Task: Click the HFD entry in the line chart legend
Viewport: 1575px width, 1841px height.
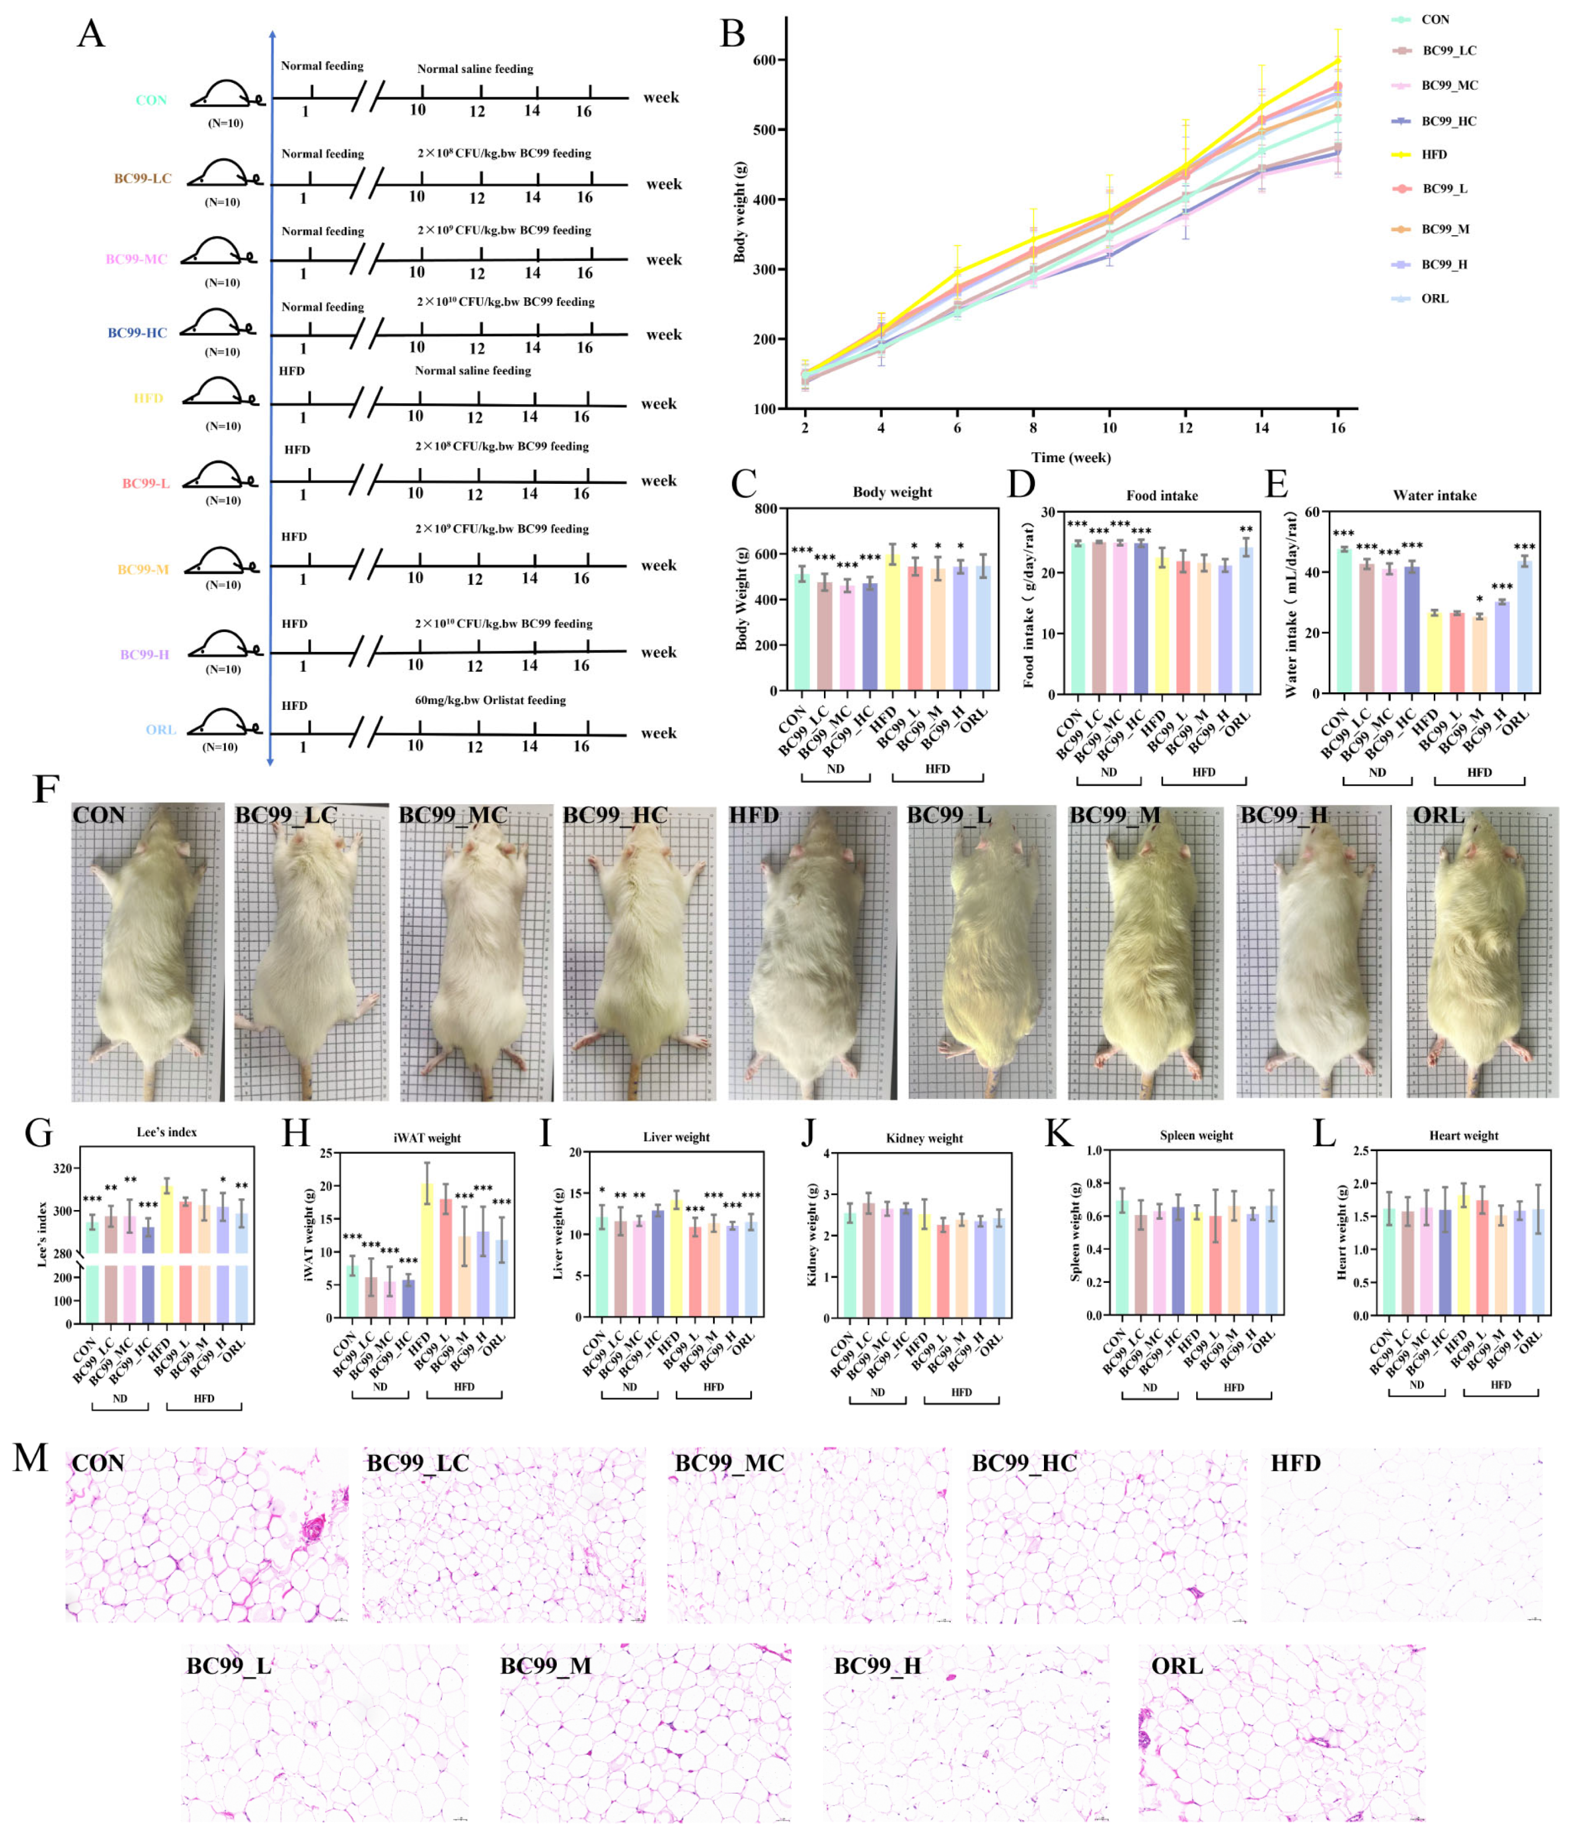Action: (1432, 155)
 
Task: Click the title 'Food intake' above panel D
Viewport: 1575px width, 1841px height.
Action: (1161, 496)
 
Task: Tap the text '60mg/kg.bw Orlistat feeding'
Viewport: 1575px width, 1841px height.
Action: (490, 700)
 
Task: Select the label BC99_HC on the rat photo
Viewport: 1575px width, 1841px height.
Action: (614, 815)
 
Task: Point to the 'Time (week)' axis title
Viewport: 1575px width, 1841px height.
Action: (1070, 458)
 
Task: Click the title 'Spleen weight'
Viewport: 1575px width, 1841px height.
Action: (1196, 1135)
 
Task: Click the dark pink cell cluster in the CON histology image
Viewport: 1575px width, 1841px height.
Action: (313, 1530)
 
